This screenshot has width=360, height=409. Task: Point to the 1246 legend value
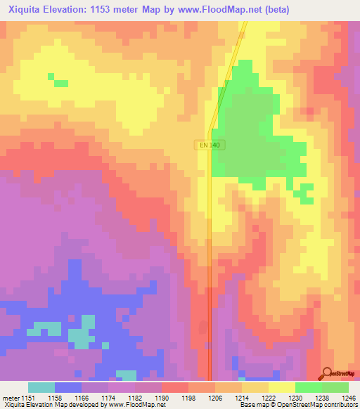[x=349, y=397]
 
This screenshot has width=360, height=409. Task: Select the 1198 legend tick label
[x=188, y=397]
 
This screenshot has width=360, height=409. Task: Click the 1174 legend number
[x=108, y=397]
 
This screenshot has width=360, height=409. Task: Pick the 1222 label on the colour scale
[x=269, y=397]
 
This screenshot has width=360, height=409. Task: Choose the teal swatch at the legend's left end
[x=41, y=387]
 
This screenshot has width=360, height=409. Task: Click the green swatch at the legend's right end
[x=335, y=387]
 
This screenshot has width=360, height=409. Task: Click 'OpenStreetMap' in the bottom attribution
[x=295, y=405]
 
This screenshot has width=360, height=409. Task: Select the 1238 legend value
[x=322, y=397]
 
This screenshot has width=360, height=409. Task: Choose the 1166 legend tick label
[x=82, y=397]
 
